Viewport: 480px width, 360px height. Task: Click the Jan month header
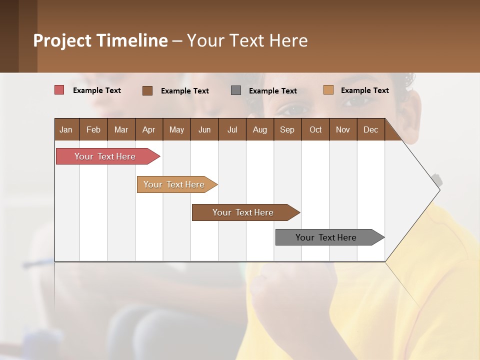[x=66, y=129]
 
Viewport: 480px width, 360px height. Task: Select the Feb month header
[x=93, y=129]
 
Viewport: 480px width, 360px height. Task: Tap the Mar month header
[x=121, y=129]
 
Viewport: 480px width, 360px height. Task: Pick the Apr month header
[x=149, y=129]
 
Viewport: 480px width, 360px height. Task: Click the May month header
[x=176, y=129]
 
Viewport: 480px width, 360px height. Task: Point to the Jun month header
[x=204, y=129]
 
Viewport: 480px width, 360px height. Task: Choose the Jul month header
[x=232, y=129]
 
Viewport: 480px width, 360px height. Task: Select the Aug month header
[x=260, y=129]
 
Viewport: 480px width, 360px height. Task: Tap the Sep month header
[x=287, y=129]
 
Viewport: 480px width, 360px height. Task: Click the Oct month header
[x=315, y=129]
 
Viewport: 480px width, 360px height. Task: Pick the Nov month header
[x=343, y=129]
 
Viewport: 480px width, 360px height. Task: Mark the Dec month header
[x=371, y=129]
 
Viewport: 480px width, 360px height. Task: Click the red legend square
[x=59, y=90]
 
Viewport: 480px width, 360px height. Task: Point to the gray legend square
[x=236, y=90]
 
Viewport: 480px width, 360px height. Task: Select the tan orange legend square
[x=328, y=90]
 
